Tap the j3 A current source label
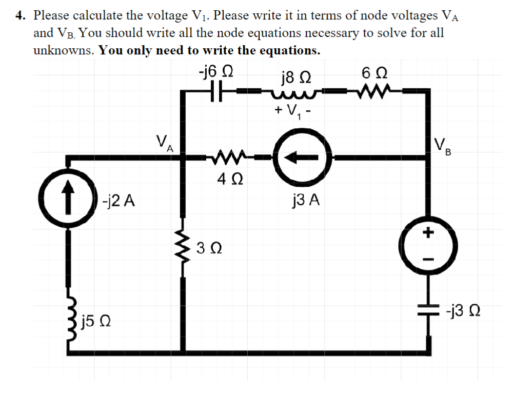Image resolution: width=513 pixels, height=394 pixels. point(305,200)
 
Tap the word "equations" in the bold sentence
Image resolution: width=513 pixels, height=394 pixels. point(290,51)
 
